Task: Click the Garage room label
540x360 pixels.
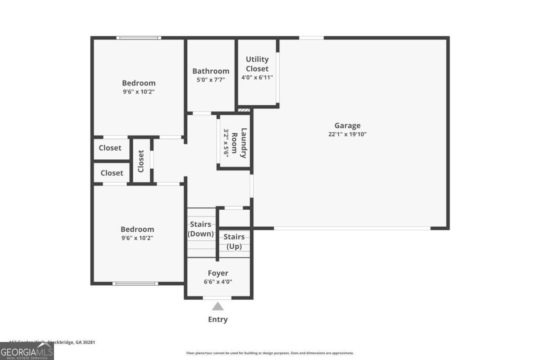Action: [x=347, y=126]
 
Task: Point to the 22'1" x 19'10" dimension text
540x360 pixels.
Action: [x=347, y=134]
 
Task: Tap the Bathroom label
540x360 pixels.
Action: [x=211, y=71]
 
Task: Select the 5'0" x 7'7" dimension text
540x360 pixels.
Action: [x=211, y=80]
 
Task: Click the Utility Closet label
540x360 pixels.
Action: [x=257, y=64]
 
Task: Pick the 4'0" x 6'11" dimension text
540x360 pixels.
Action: [x=257, y=77]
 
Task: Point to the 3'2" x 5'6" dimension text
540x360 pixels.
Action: [x=226, y=143]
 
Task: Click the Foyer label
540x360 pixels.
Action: [x=218, y=273]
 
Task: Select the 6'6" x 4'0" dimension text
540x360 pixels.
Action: [x=218, y=282]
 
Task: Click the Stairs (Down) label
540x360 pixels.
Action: [x=201, y=229]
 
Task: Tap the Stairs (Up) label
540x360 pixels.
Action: [x=234, y=242]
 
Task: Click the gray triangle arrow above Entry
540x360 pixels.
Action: [x=218, y=307]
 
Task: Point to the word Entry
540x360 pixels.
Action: [x=218, y=319]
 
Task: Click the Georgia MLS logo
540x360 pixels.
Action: [x=27, y=351]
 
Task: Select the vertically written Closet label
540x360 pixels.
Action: [x=141, y=161]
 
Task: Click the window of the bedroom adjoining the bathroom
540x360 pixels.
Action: [x=139, y=38]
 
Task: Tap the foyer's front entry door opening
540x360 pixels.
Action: [x=217, y=298]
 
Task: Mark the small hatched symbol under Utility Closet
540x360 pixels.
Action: [x=243, y=109]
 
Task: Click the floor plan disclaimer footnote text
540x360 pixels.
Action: [x=270, y=353]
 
